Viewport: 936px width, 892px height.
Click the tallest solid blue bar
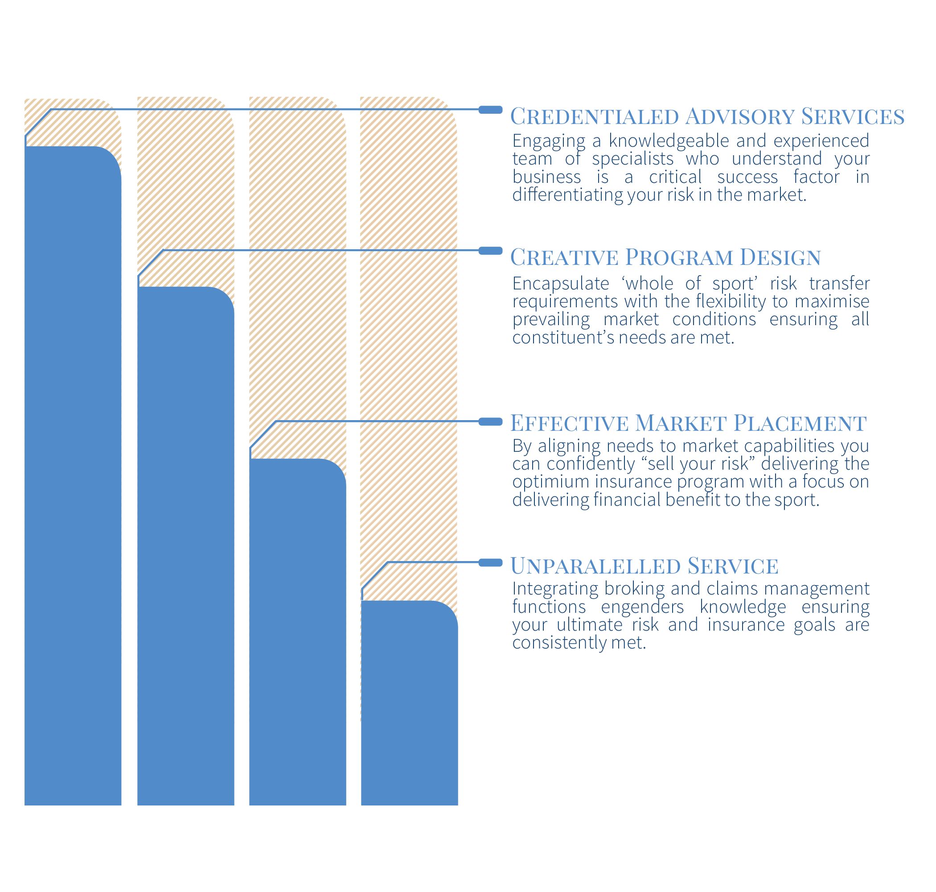[x=73, y=475]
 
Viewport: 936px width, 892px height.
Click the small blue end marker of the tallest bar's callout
[x=490, y=110]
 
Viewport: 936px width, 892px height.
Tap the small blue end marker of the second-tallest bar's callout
[x=490, y=251]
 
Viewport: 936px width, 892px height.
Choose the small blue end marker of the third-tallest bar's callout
[x=490, y=421]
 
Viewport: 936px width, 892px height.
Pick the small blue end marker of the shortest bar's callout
[x=490, y=562]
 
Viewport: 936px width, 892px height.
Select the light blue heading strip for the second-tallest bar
[x=665, y=257]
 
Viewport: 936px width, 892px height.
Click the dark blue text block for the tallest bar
[x=689, y=166]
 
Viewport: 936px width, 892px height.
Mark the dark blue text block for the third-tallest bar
[x=689, y=473]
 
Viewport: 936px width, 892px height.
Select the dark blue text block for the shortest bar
[x=689, y=609]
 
